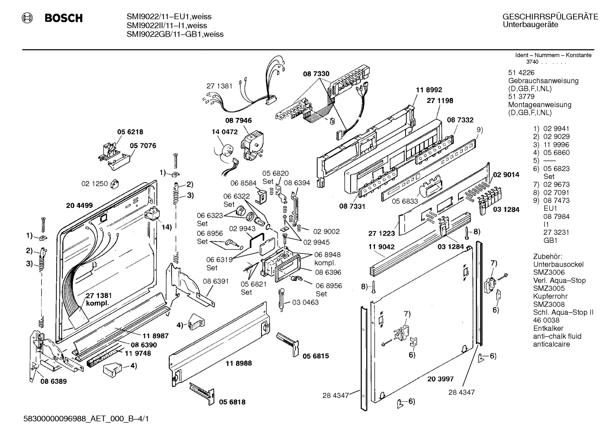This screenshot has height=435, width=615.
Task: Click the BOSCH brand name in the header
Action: [64, 18]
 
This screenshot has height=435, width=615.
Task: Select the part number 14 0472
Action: [225, 132]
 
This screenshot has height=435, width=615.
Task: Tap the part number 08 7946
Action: [238, 120]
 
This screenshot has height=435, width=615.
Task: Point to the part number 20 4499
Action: [79, 205]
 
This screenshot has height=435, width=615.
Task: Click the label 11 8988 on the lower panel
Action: [238, 363]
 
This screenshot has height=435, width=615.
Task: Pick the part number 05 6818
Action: [232, 402]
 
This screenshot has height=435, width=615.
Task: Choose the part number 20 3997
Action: [441, 379]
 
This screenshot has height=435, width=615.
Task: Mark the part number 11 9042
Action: [381, 247]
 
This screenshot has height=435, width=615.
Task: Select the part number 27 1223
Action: [381, 234]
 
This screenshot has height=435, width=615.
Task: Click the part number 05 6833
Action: [405, 201]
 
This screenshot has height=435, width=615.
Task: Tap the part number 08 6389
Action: [54, 381]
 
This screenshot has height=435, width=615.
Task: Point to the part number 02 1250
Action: [94, 184]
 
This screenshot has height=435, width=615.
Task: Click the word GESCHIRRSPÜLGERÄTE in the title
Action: [550, 17]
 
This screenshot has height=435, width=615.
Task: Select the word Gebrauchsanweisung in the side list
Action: [543, 81]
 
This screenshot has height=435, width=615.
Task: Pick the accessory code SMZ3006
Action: [549, 272]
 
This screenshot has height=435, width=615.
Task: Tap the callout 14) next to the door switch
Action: [166, 227]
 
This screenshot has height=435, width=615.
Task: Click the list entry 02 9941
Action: [556, 128]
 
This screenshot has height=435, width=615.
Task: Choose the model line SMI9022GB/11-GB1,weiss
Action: [175, 34]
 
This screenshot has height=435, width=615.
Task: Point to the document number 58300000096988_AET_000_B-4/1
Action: [86, 419]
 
